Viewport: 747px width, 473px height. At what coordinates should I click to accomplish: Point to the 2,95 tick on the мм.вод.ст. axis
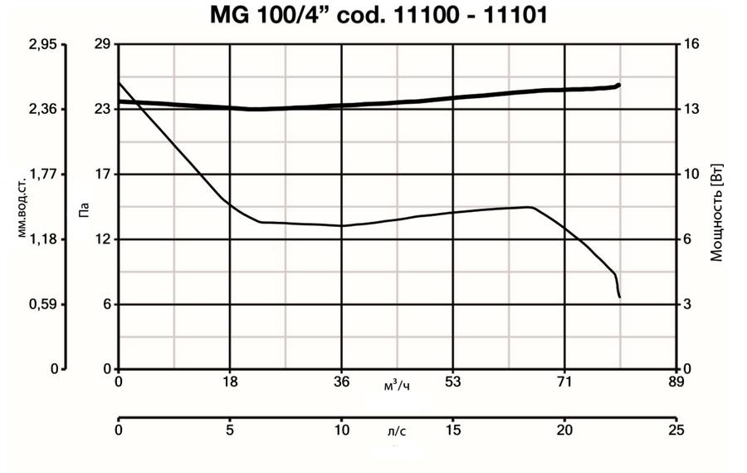(41, 45)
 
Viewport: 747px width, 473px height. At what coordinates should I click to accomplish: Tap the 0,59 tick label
(41, 304)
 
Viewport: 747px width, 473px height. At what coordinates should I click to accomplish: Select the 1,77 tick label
(41, 175)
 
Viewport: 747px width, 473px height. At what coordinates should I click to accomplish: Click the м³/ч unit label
(397, 385)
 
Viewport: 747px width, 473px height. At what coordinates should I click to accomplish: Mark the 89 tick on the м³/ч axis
(676, 382)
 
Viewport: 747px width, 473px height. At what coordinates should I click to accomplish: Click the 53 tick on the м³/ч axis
(453, 382)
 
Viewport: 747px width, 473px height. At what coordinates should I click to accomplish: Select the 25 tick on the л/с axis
(676, 431)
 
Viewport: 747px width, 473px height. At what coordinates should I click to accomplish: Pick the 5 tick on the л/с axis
(230, 431)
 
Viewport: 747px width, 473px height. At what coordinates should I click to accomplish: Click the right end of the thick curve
(618, 85)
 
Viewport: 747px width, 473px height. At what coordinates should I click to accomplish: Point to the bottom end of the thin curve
(619, 297)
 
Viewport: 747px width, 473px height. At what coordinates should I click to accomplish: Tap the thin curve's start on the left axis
(120, 81)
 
